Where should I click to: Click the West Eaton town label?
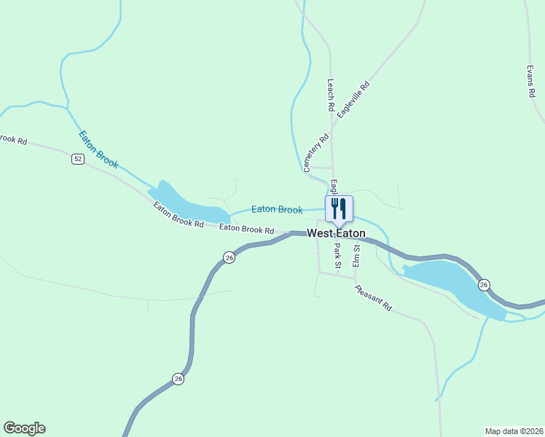coord(336,234)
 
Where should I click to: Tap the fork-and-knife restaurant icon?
coord(339,208)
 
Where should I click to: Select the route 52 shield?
coord(78,159)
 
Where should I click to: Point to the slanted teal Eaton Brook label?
coord(98,149)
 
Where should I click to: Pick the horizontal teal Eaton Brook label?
coord(277,210)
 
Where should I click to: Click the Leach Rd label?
coord(331,95)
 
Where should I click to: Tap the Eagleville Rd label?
coord(354,101)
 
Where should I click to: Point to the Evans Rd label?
coord(531,83)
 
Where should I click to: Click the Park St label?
coord(337,256)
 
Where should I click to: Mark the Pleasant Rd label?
coord(374,298)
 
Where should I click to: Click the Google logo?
coord(24,428)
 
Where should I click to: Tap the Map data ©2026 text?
coord(514,431)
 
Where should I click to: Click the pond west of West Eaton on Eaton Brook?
coord(186,204)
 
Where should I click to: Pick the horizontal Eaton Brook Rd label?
coord(246,229)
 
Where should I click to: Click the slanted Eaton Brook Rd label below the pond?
coord(178,215)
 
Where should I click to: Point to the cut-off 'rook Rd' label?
coord(13,138)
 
